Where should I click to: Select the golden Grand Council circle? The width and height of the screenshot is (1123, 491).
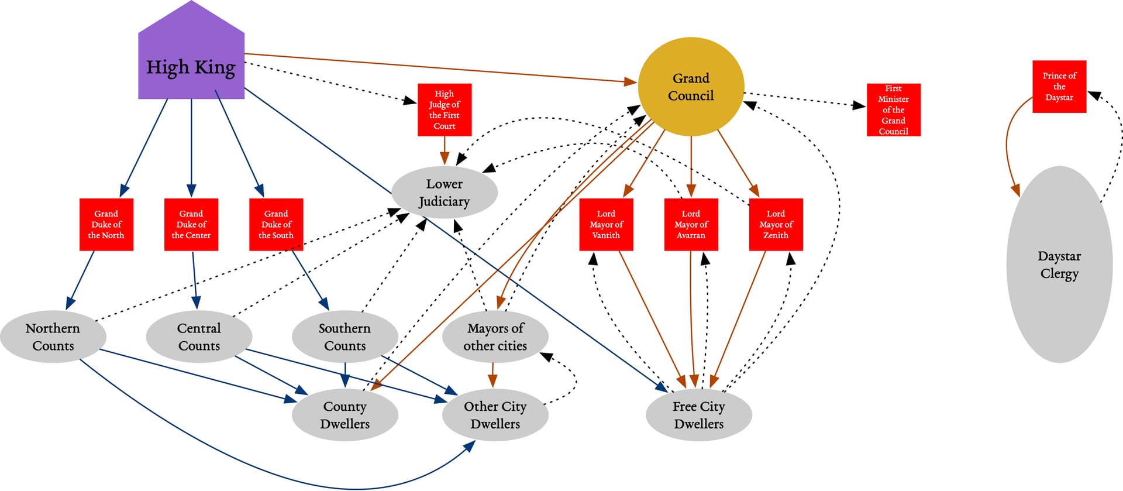691,87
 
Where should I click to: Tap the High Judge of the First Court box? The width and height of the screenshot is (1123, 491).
445,110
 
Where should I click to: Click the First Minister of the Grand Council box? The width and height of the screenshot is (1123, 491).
893,110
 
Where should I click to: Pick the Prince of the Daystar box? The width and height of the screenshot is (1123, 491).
1059,87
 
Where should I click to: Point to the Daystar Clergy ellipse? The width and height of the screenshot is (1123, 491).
1059,265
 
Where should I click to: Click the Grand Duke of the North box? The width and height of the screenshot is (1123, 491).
106,225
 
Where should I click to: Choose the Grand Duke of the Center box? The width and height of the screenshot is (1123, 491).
191,225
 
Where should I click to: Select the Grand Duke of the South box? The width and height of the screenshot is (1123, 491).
276,225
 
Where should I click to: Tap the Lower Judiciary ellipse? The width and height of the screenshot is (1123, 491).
445,193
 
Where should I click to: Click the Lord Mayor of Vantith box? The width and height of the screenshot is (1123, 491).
606,225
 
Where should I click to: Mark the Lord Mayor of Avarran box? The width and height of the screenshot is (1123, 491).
691,225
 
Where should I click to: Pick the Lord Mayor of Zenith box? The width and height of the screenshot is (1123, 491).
776,225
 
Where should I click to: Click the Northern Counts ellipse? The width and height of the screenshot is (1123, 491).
53,337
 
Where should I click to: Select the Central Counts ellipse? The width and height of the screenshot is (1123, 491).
199,337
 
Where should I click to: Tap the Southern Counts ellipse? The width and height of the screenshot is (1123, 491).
345,337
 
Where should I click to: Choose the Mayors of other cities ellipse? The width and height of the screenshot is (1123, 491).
495,337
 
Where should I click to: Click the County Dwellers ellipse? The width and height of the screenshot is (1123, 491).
345,415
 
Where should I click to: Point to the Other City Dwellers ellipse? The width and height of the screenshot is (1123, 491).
495,415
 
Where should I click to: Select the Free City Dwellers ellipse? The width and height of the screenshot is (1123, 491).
698,415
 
